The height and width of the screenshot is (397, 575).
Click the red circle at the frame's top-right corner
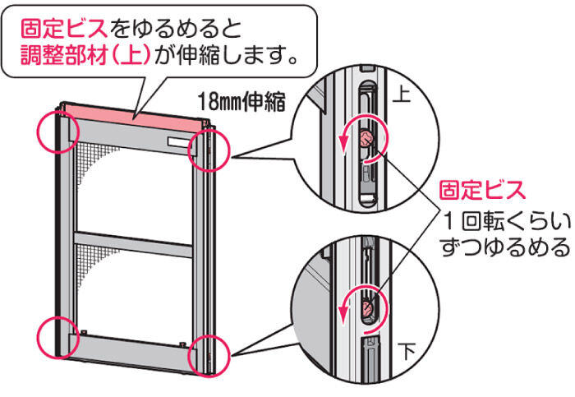[206, 149]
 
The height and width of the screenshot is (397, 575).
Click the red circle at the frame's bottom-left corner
[58, 335]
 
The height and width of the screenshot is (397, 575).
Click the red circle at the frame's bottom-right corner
[206, 355]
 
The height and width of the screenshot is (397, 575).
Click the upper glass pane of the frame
[131, 185]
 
